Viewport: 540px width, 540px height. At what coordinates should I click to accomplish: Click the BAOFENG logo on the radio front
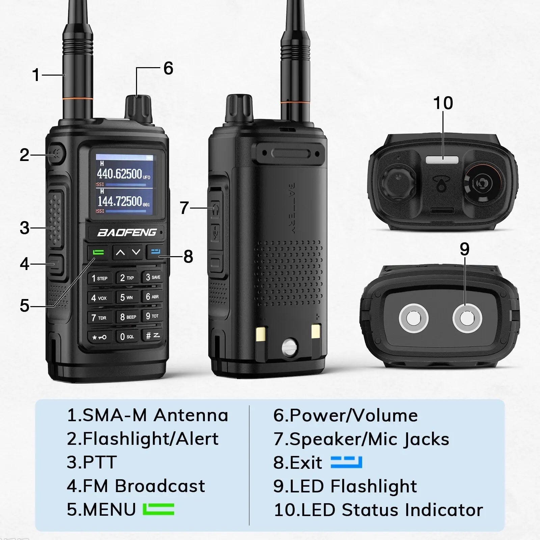pos(127,233)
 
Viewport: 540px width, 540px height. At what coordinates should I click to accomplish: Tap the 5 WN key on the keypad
pos(127,297)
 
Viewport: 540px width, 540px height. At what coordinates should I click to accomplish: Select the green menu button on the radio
pos(98,252)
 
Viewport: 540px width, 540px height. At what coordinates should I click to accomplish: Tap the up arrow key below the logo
pos(120,252)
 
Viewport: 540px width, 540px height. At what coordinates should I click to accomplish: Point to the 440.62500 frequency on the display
pos(120,174)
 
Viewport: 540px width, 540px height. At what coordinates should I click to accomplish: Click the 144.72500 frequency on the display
pos(120,201)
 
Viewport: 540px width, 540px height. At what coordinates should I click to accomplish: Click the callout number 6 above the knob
pos(168,68)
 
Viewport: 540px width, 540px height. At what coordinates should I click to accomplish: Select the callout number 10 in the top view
pos(443,103)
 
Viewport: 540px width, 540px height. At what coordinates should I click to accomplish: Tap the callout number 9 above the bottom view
pos(464,249)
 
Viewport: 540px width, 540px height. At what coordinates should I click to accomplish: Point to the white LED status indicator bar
pos(442,159)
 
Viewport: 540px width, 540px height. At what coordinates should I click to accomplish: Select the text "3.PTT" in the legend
pos(92,462)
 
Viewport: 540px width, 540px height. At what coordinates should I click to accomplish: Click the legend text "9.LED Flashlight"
pos(345,486)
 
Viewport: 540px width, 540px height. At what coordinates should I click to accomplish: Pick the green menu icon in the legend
pos(158,509)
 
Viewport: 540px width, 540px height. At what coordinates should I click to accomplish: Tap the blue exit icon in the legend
pos(346,462)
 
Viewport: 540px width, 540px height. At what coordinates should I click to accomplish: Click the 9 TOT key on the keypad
pos(152,316)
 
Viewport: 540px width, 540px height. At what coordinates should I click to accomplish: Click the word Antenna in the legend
pos(191,415)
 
